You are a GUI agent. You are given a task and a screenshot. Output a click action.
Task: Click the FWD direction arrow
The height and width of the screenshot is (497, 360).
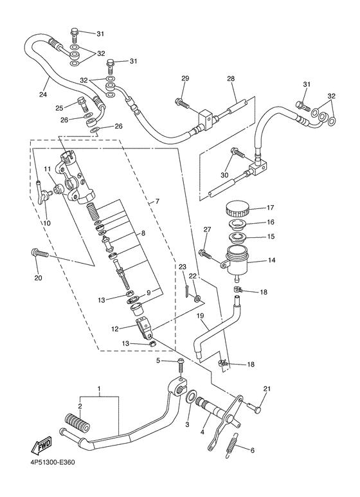[x=41, y=446]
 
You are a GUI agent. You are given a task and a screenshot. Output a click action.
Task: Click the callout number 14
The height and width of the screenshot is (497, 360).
[x=271, y=260]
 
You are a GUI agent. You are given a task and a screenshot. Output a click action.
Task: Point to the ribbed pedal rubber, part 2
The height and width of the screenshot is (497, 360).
[x=78, y=421]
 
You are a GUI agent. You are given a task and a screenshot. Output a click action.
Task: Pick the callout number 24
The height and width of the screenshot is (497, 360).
[x=43, y=94]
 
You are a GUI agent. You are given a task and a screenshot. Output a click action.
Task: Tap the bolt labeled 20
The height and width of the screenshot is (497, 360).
[x=39, y=253]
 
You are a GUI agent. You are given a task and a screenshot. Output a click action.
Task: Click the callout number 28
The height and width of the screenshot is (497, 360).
[x=231, y=78]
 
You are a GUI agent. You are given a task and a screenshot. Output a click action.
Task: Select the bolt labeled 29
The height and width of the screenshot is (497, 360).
[x=181, y=102]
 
